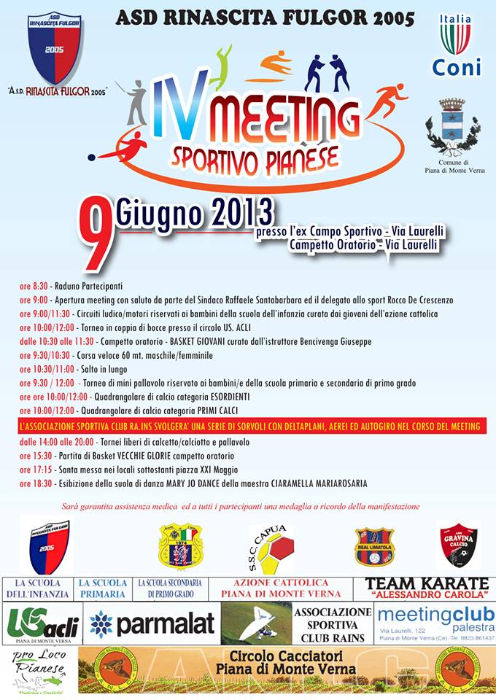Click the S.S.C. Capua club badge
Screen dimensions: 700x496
click(x=271, y=548)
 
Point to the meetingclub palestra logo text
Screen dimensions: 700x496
click(x=435, y=617)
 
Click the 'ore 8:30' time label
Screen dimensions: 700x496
click(x=32, y=287)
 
